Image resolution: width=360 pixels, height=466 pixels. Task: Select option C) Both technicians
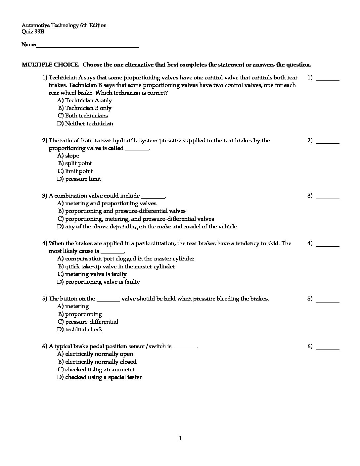click(82, 116)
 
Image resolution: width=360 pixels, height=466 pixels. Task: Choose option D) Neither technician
click(85, 124)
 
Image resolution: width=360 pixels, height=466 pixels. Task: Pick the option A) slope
click(68, 156)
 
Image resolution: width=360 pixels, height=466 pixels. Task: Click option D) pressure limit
click(79, 179)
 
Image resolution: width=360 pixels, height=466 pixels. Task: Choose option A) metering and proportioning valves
click(107, 204)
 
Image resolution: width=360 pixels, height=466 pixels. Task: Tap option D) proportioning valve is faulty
click(98, 282)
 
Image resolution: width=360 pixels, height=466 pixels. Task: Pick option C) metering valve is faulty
click(92, 274)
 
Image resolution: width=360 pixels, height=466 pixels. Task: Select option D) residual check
click(80, 330)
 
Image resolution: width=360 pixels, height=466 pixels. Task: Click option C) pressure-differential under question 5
click(88, 322)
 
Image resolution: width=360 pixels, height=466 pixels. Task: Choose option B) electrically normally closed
click(97, 362)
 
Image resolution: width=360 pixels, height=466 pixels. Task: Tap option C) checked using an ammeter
click(96, 370)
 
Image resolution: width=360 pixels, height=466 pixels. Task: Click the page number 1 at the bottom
click(180, 439)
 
